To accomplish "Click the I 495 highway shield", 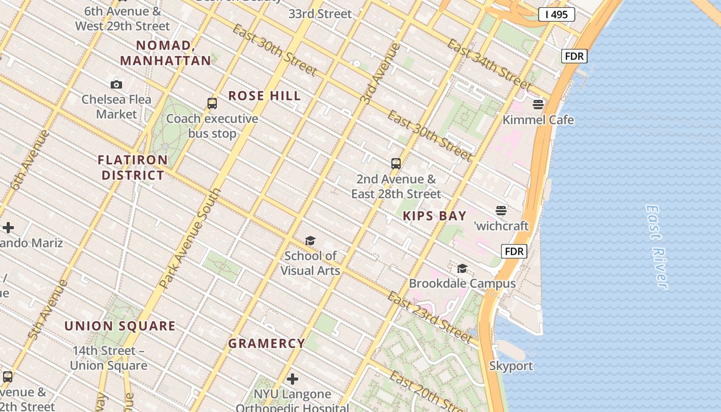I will (x=556, y=14).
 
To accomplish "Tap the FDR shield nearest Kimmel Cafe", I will (x=574, y=56).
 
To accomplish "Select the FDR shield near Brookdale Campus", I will (x=514, y=251).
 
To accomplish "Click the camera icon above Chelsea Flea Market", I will (x=116, y=84).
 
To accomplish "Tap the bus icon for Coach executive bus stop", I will (x=212, y=103).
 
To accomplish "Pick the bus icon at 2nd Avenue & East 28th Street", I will (x=396, y=164).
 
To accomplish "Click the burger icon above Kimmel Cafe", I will (x=538, y=105).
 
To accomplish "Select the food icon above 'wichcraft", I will (x=501, y=210).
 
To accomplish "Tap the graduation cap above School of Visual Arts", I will (x=310, y=241).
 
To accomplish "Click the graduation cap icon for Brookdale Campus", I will (x=462, y=268).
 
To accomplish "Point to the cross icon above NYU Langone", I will (x=293, y=380).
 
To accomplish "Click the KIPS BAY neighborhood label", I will (x=435, y=216).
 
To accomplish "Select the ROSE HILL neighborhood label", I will (x=265, y=96).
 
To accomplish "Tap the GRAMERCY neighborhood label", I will (x=267, y=344).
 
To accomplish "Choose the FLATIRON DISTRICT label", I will (x=133, y=167).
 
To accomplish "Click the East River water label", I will (x=656, y=247).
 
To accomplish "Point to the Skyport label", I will (x=511, y=366).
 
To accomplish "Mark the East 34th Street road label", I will (x=488, y=64).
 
